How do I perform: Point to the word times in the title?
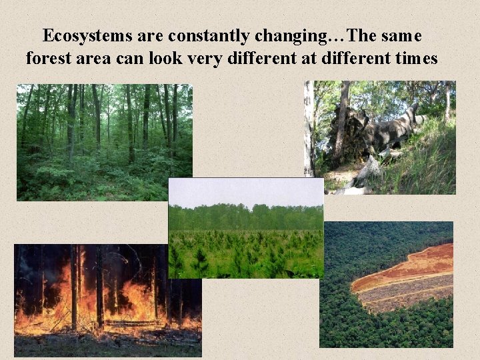415,59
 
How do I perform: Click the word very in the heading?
227,59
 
